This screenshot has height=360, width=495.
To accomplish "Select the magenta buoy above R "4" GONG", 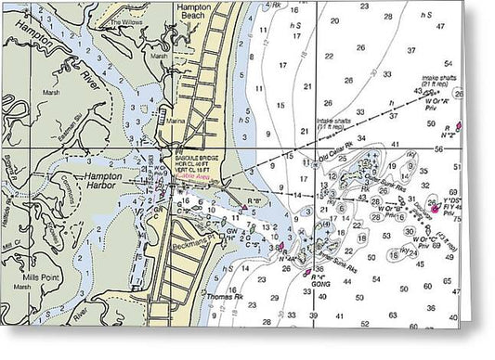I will (x=307, y=271).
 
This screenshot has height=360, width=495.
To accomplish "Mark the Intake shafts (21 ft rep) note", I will (x=446, y=84).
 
